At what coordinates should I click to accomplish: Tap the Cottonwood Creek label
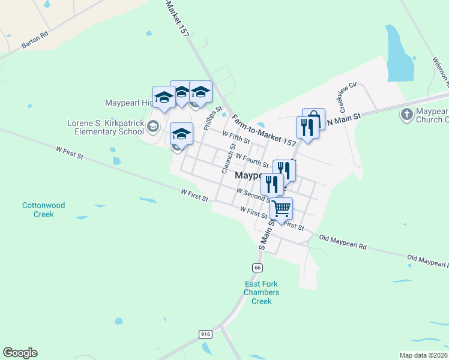click(43, 209)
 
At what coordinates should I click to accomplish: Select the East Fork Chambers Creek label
click(261, 292)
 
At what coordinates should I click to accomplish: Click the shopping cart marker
click(281, 209)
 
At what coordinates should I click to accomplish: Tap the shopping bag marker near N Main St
click(314, 118)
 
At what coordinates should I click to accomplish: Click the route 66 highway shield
click(257, 267)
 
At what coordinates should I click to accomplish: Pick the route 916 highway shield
click(205, 333)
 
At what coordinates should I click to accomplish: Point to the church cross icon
click(406, 114)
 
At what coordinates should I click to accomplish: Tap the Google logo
click(20, 353)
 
